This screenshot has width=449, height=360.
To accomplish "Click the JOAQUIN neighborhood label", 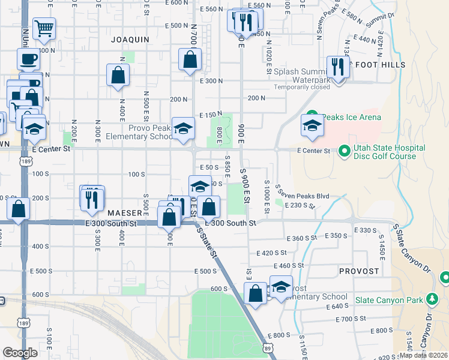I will coord(130,40).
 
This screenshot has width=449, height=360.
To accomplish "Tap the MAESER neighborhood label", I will coord(124,213).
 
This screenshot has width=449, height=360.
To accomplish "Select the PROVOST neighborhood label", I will coord(359,271).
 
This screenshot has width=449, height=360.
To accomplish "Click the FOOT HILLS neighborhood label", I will coord(381,65).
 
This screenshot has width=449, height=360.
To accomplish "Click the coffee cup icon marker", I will coord(28,60).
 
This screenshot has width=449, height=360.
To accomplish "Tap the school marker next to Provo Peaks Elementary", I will coord(184,128).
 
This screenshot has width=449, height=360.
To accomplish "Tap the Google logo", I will coord(20,353).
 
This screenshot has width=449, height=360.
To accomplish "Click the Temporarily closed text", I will coord(303,87).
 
